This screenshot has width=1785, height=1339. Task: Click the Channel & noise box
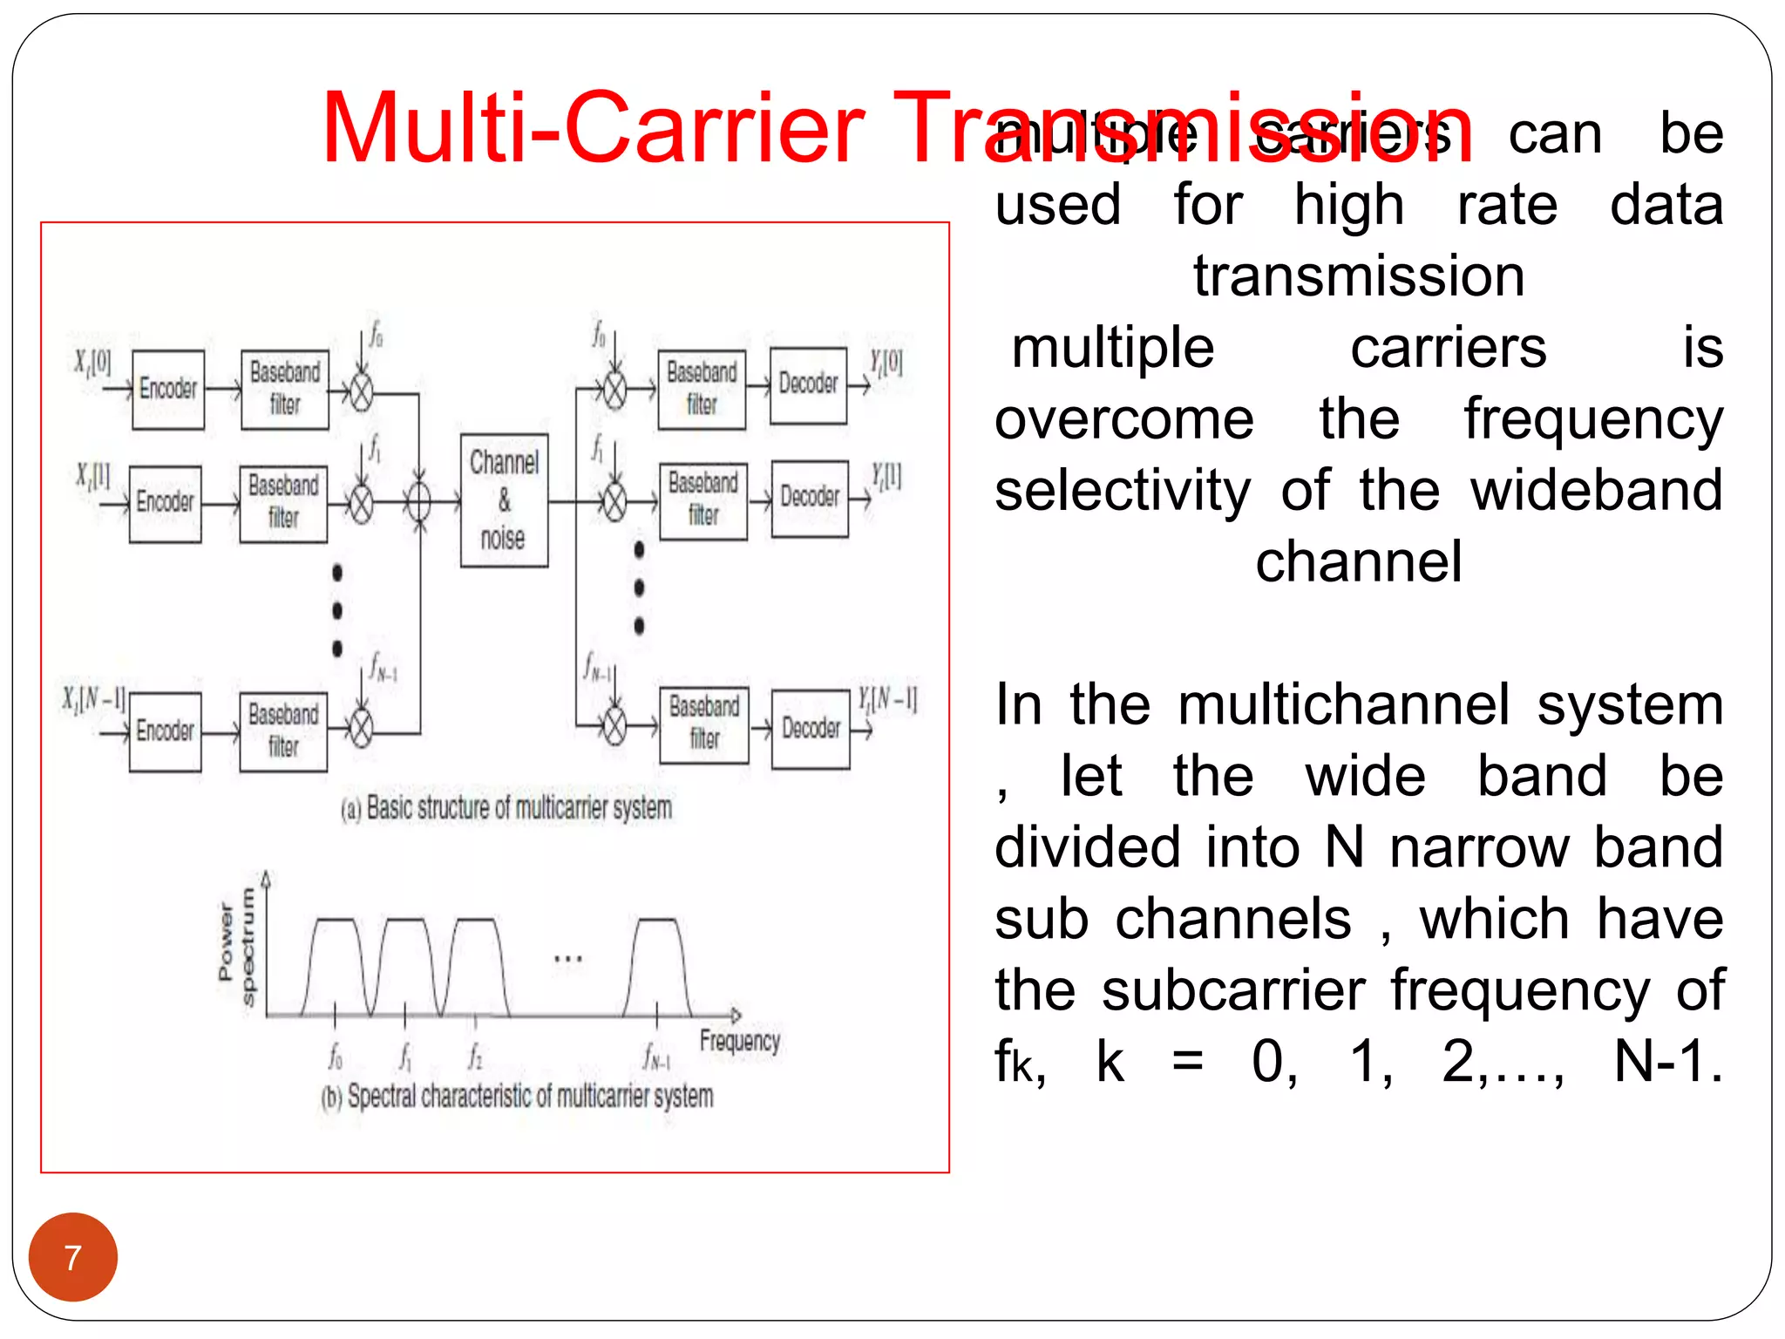(504, 500)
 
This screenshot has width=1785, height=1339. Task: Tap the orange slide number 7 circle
(73, 1256)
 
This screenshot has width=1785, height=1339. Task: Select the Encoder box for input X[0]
(168, 389)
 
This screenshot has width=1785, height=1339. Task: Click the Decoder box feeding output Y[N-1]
(811, 729)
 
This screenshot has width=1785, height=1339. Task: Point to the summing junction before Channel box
(419, 502)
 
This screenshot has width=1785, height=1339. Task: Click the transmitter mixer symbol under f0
(361, 392)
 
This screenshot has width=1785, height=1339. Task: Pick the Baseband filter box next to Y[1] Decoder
(703, 500)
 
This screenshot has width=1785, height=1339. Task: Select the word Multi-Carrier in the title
(593, 129)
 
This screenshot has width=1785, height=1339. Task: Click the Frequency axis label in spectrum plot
(739, 1040)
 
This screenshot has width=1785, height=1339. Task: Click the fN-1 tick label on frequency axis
(655, 1057)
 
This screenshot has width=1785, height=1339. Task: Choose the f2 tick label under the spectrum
(475, 1057)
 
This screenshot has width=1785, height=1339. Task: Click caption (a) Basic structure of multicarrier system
(506, 808)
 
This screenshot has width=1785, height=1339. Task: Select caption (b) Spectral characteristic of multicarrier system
(517, 1096)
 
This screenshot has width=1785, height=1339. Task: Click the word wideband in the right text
(1597, 491)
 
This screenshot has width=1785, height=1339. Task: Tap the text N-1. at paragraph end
(1667, 1062)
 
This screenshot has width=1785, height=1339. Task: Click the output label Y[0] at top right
(886, 362)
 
